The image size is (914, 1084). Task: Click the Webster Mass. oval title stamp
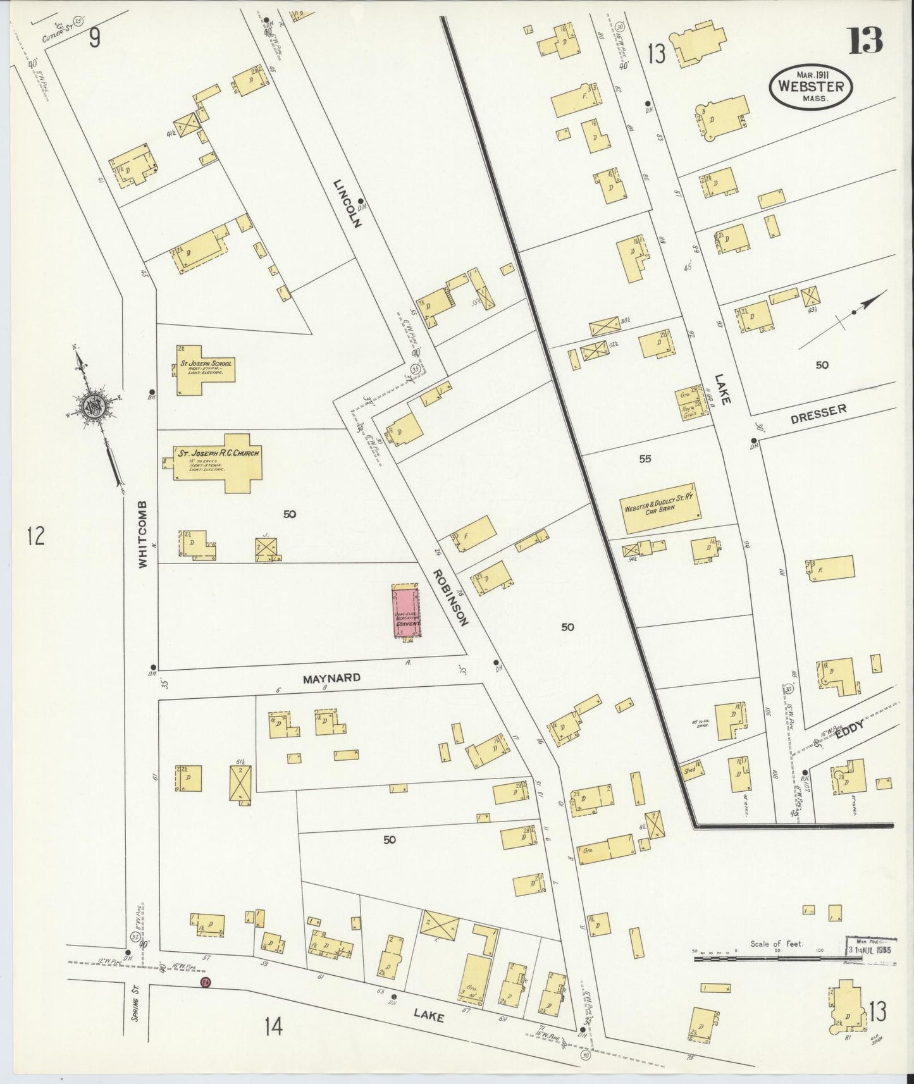click(x=810, y=87)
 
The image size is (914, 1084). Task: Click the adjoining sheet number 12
click(x=35, y=537)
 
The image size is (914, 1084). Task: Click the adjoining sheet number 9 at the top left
click(x=94, y=39)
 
